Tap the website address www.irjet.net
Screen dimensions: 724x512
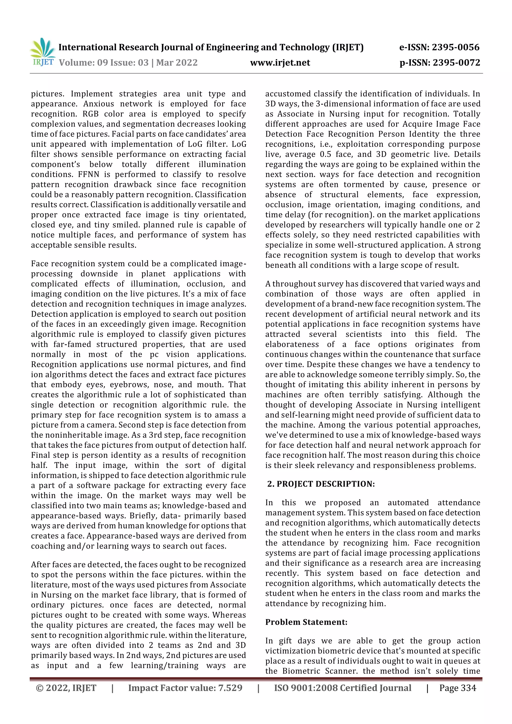pyautogui.click(x=280, y=62)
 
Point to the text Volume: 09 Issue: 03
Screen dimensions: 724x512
pyautogui.click(x=104, y=62)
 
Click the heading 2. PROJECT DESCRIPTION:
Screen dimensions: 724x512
pyautogui.click(x=321, y=484)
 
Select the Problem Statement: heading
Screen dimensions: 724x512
pyautogui.click(x=306, y=622)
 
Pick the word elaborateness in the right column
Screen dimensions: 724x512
pyautogui.click(x=292, y=344)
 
